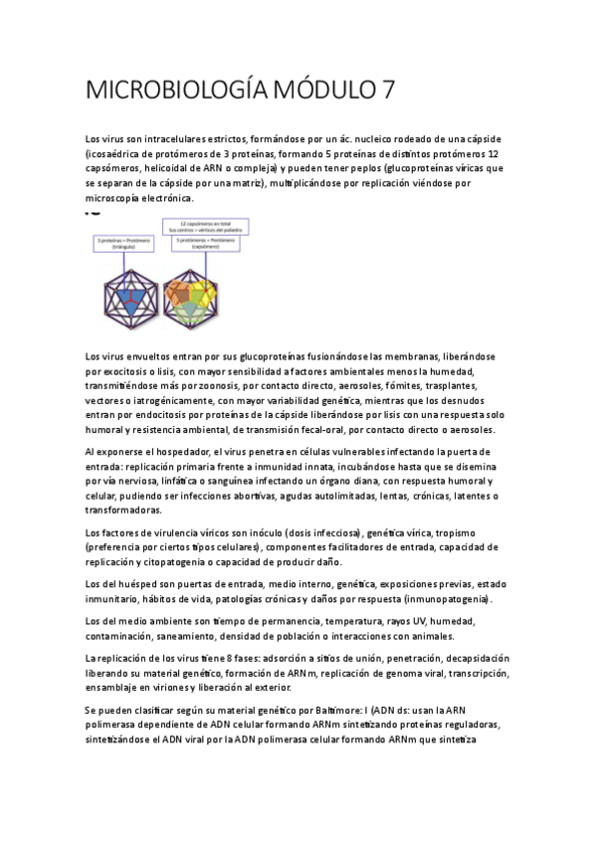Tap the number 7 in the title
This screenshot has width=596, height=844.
click(387, 91)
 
